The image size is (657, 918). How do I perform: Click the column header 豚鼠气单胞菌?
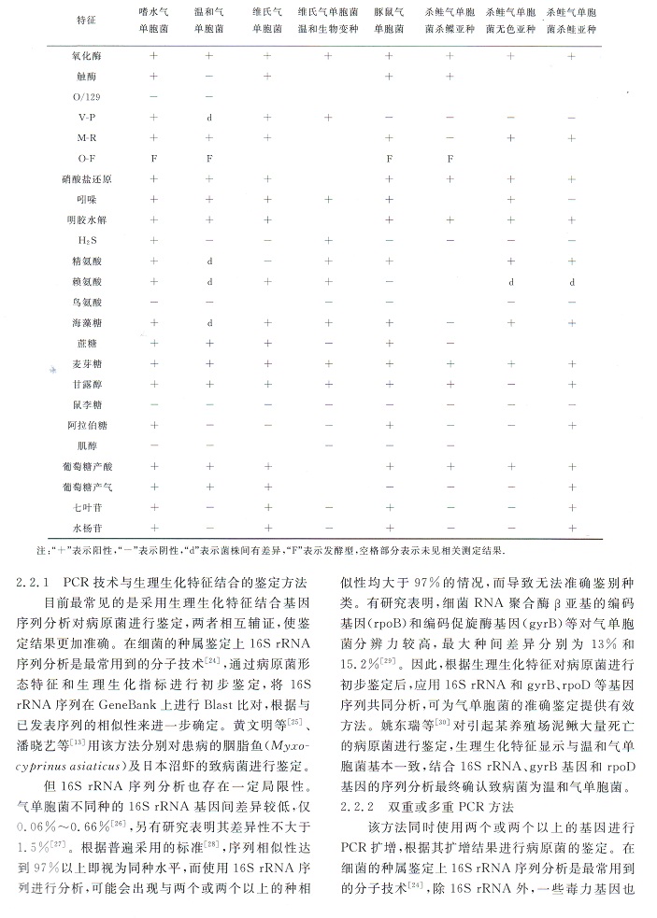point(391,21)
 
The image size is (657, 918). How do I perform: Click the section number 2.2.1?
point(35,582)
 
